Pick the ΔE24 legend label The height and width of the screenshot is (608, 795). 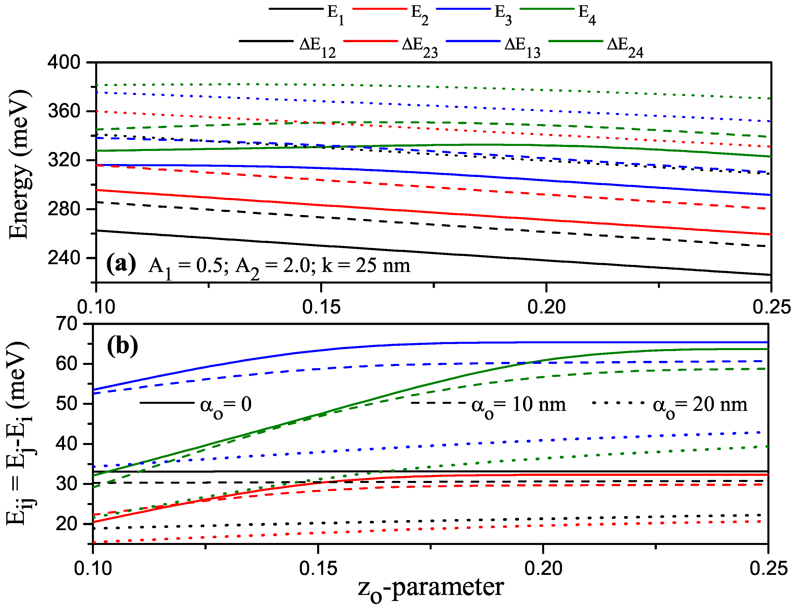pos(625,47)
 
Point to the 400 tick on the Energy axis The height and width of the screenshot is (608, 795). pos(64,63)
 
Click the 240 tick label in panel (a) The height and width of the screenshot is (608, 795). pos(64,258)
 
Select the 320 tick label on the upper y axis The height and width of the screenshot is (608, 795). pos(64,160)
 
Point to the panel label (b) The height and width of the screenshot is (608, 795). pos(122,346)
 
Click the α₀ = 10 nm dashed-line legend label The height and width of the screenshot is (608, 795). pos(518,405)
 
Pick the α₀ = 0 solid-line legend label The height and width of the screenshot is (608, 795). pos(226,405)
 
